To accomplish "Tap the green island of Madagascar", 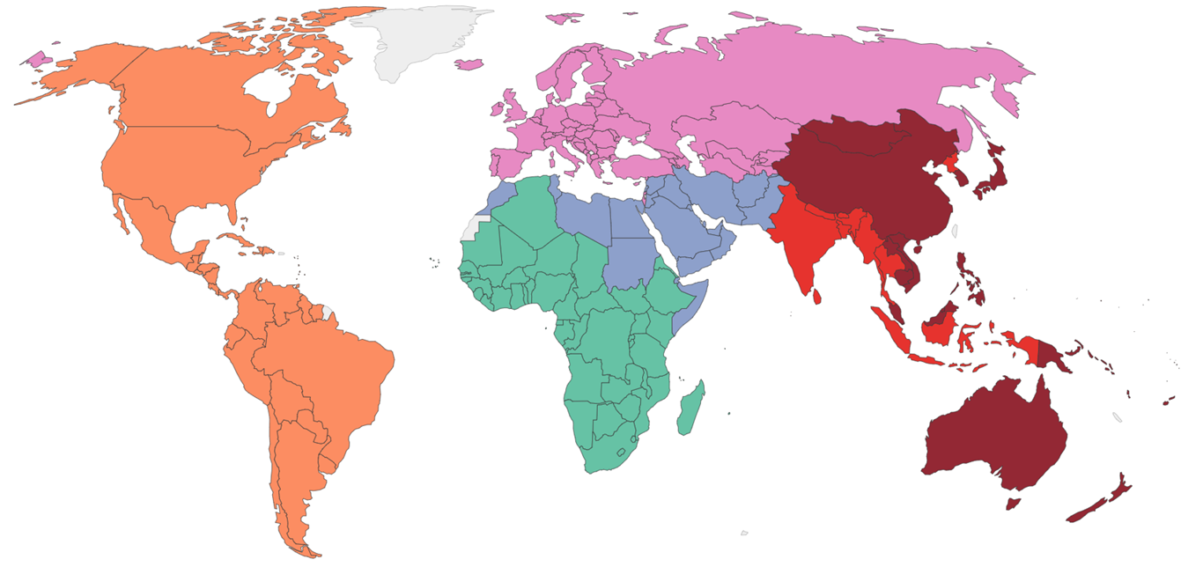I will tap(690, 408).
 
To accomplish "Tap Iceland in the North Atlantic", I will tap(469, 64).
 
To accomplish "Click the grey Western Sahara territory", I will tap(473, 228).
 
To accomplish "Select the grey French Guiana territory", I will tap(328, 312).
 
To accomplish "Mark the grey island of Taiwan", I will tap(956, 232).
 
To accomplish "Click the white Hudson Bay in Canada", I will tap(264, 88).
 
